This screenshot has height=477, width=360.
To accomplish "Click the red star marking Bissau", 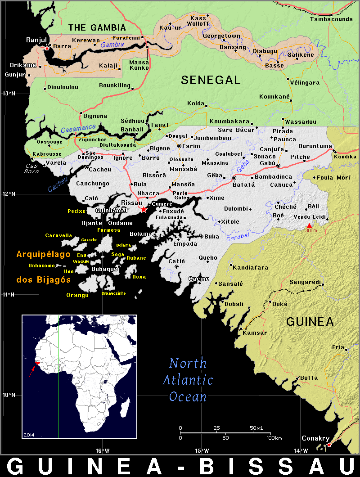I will pyautogui.click(x=144, y=209).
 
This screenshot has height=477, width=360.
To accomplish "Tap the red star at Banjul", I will pyautogui.click(x=47, y=48).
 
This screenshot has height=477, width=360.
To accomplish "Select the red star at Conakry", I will pyautogui.click(x=329, y=445).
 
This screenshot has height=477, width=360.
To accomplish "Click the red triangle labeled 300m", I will pyautogui.click(x=309, y=225).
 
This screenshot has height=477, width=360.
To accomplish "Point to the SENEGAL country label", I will pyautogui.click(x=211, y=80).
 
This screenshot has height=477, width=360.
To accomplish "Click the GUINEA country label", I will pyautogui.click(x=310, y=322).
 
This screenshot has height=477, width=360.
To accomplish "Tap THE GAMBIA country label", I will pyautogui.click(x=97, y=28).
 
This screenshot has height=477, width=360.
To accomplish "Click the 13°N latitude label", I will pyautogui.click(x=9, y=94).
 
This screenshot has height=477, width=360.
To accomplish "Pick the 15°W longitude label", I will pyautogui.click(x=202, y=450).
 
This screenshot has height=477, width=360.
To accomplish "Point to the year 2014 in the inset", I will pyautogui.click(x=29, y=435).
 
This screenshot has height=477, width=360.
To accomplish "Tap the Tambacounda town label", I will pyautogui.click(x=331, y=19).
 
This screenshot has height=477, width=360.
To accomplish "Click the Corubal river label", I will pyautogui.click(x=238, y=236).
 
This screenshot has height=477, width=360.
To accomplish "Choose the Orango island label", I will pyautogui.click(x=77, y=295).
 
